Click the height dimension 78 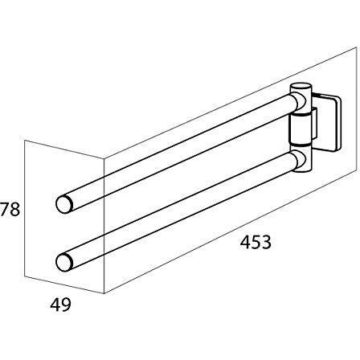pyautogui.click(x=10, y=210)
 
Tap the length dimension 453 pyautogui.click(x=256, y=242)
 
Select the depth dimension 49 pyautogui.click(x=60, y=305)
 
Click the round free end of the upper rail pyautogui.click(x=64, y=204)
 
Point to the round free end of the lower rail pyautogui.click(x=64, y=262)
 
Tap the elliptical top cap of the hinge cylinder pyautogui.click(x=301, y=87)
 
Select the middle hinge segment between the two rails pyautogui.click(x=301, y=129)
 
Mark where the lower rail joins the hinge pyautogui.click(x=298, y=160)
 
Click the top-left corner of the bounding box pyautogui.click(x=24, y=141)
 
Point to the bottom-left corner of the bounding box pyautogui.click(x=24, y=276)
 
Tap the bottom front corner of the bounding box pyautogui.click(x=104, y=293)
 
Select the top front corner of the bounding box pyautogui.click(x=104, y=158)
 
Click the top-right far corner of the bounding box pyautogui.click(x=357, y=47)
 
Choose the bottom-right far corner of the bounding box pyautogui.click(x=357, y=171)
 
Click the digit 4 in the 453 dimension pyautogui.click(x=245, y=242)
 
